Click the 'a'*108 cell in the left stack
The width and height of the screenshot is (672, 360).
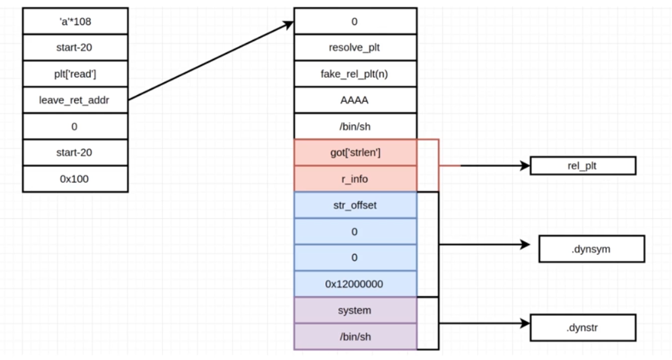tap(75, 21)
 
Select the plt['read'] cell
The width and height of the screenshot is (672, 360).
tap(75, 74)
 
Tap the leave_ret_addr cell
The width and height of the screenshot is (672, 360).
tap(75, 100)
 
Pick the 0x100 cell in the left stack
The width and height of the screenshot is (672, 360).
tap(75, 178)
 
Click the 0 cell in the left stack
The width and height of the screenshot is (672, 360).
tap(75, 126)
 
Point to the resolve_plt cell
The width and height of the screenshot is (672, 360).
tap(355, 47)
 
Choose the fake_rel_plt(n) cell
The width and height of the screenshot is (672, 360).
tap(355, 74)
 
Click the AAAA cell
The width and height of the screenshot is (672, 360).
tap(355, 100)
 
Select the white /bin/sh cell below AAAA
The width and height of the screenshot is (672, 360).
tap(355, 126)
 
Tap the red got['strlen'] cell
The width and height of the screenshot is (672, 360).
tap(355, 152)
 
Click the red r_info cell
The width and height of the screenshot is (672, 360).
tap(355, 178)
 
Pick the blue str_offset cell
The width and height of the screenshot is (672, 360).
tap(355, 205)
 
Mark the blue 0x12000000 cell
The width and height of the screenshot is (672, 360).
tap(355, 284)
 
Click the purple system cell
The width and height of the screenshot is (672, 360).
tap(355, 310)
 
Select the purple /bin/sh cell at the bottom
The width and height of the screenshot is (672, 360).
tap(355, 336)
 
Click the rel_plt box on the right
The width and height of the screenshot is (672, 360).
tap(582, 166)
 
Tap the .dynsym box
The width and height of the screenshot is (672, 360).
tap(591, 248)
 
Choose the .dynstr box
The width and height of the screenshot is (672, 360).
tap(582, 327)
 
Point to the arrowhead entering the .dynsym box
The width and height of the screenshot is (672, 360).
tap(525, 245)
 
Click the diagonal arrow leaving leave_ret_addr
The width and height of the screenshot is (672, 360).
tap(209, 61)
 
